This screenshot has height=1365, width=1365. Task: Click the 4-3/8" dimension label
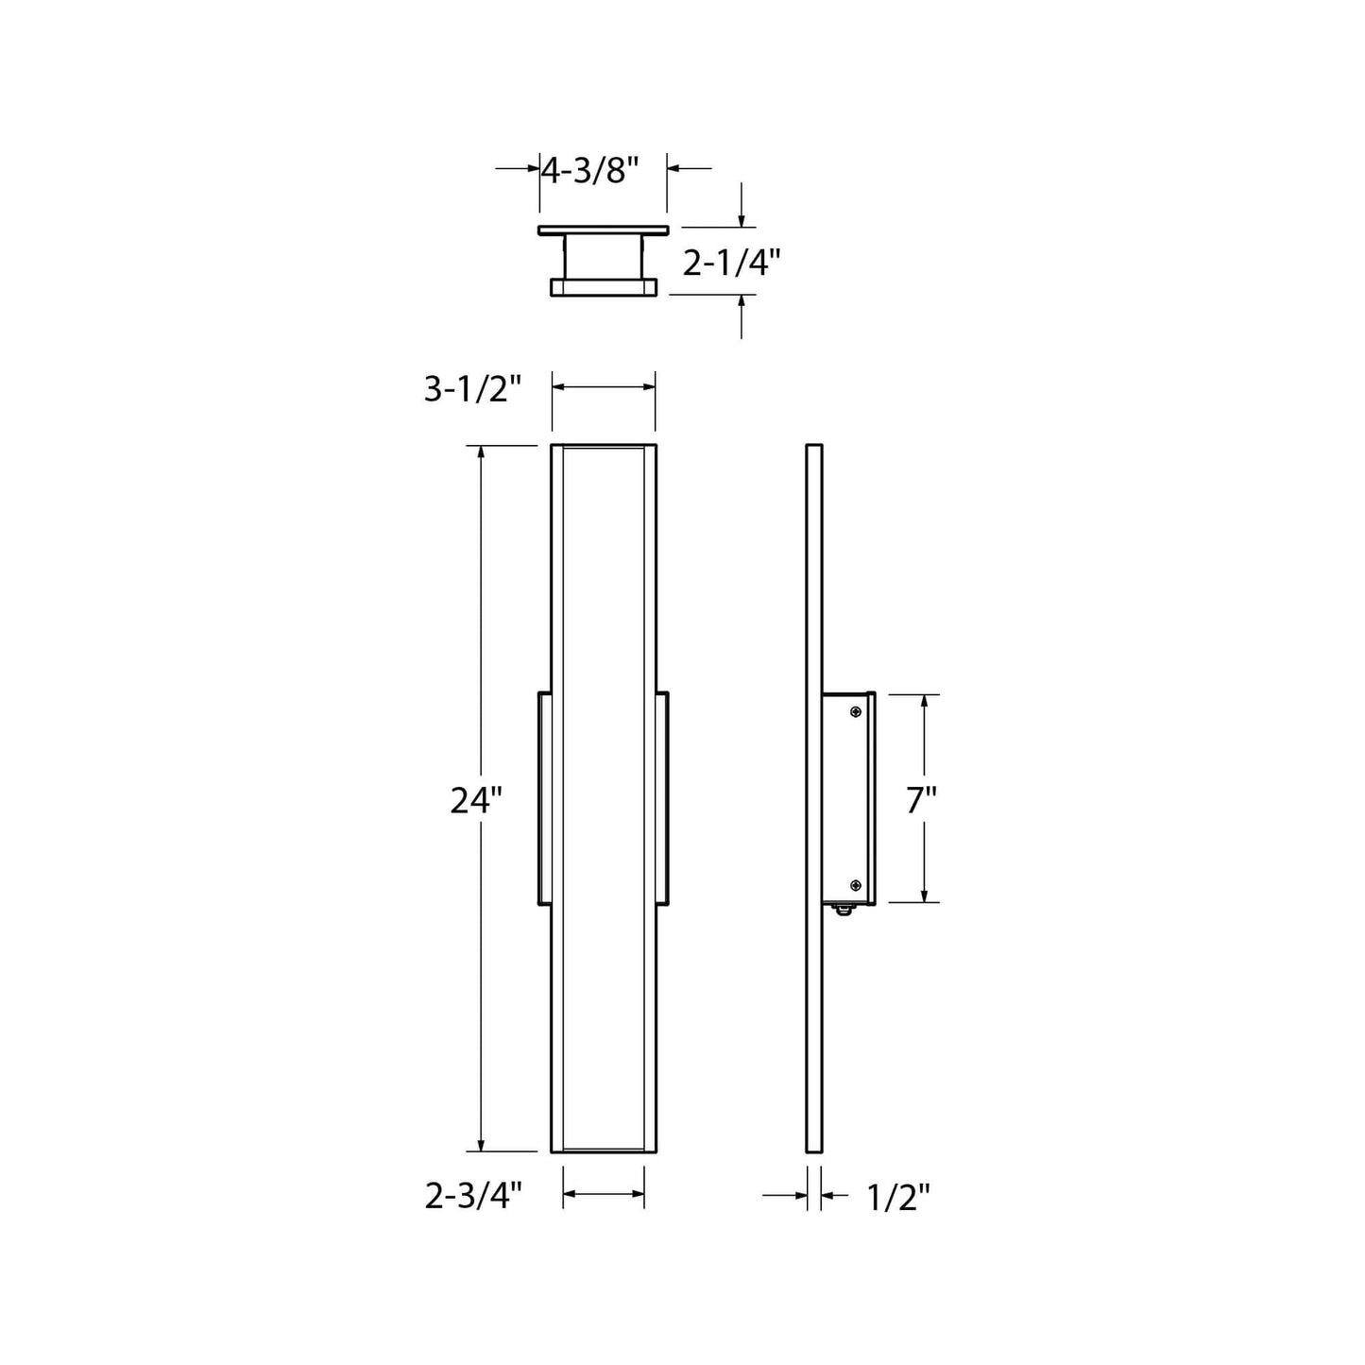590,170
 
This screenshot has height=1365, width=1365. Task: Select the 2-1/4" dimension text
732,262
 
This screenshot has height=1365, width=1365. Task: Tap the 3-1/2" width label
472,388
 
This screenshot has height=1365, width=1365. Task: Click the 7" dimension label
921,801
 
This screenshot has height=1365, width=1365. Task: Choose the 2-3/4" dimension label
473,1197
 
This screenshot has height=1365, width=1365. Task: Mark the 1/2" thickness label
897,1198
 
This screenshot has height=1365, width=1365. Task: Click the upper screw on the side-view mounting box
856,711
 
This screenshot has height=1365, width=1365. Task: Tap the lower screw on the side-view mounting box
856,885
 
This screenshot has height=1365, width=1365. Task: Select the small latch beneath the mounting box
844,909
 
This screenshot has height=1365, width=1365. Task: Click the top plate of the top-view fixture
604,230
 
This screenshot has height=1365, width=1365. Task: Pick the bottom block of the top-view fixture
604,286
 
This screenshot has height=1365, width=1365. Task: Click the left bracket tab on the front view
545,798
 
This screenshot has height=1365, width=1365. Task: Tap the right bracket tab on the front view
662,798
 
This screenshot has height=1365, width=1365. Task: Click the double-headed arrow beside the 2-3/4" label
604,1195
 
